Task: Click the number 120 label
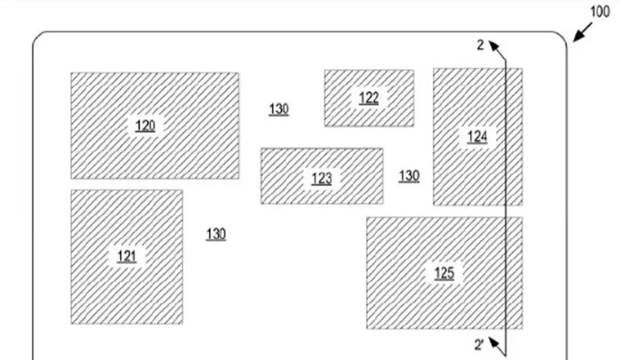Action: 145,125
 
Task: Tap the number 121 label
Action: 127,257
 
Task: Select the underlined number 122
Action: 369,98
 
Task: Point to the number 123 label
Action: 321,179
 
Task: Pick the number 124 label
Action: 477,136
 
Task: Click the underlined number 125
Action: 444,273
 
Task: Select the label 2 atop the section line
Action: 480,45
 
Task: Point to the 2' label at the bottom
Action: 480,344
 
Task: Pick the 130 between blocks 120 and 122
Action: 278,109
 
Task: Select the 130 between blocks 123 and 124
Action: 409,176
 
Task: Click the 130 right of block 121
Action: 216,234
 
